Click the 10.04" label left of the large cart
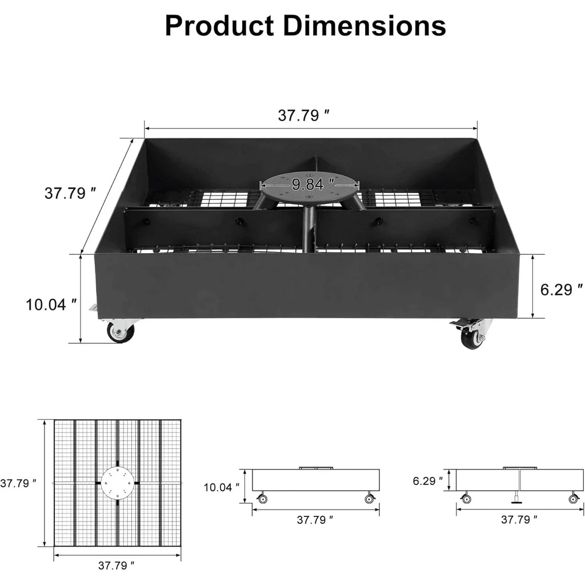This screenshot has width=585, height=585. click(51, 304)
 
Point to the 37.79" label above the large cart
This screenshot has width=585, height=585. click(304, 115)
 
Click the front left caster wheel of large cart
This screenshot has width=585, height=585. click(121, 331)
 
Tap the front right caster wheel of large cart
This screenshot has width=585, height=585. click(472, 336)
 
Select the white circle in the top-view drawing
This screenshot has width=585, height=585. click(117, 483)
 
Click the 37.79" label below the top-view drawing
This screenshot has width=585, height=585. click(117, 566)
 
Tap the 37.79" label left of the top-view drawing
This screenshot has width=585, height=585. click(18, 483)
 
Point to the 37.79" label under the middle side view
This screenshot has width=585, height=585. click(315, 520)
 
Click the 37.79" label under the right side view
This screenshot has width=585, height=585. click(519, 519)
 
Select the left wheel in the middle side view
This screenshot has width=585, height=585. click(262, 499)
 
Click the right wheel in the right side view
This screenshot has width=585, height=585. click(573, 499)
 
